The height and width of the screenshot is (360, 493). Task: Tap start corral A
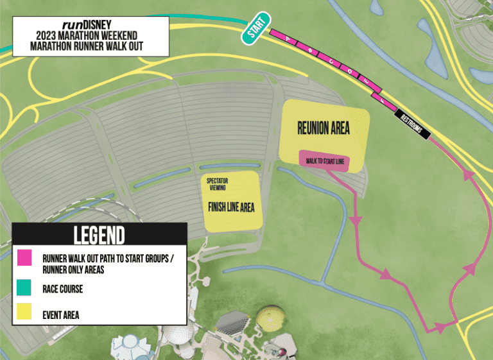[288, 40]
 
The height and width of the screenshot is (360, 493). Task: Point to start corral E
[366, 81]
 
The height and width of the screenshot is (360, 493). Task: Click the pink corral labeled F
[383, 100]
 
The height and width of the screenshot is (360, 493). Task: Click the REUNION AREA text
[324, 128]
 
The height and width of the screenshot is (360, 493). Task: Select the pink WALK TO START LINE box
[324, 161]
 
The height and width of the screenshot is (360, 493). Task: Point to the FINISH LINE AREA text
[232, 207]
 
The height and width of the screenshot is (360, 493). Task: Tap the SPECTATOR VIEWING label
[217, 185]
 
